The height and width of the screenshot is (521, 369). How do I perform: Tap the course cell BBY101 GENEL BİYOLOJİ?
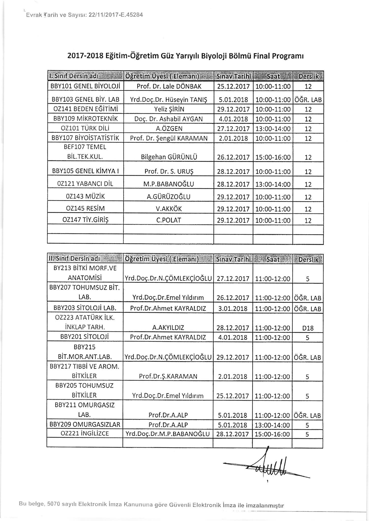click(85, 86)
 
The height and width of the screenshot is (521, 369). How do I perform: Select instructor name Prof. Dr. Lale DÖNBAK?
click(169, 86)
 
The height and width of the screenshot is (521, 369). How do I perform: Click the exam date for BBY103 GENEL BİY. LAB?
click(233, 100)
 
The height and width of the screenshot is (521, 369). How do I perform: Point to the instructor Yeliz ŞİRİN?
click(169, 109)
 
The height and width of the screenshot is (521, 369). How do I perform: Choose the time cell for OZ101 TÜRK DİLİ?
click(273, 129)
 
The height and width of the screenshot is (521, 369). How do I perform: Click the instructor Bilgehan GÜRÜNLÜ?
click(169, 157)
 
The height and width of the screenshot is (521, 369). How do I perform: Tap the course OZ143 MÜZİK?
click(85, 197)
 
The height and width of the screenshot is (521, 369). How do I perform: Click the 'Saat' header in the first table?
click(273, 76)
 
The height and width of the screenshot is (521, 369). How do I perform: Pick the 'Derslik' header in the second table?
click(308, 259)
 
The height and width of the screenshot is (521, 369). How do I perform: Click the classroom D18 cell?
click(308, 328)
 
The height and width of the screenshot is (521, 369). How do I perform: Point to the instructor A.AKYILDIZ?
click(168, 328)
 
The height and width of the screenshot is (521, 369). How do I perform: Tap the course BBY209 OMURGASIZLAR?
click(85, 425)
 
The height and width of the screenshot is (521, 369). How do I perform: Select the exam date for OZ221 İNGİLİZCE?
click(233, 434)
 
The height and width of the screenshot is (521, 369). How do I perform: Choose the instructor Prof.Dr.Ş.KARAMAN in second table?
click(168, 377)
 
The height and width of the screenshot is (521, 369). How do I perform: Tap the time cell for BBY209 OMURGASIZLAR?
click(272, 425)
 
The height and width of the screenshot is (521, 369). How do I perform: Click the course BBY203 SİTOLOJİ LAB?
click(85, 309)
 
